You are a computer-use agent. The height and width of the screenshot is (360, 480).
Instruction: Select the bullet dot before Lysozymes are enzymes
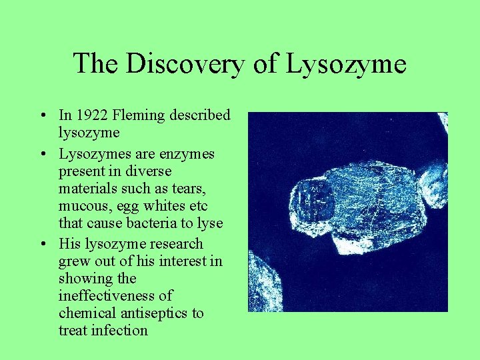point(42,155)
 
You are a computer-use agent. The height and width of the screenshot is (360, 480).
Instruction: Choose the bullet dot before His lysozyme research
point(42,244)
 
